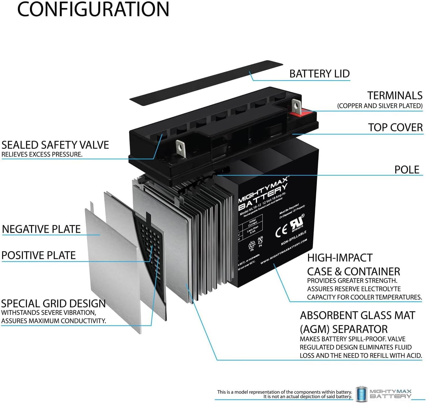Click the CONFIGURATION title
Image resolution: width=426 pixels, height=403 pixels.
tap(93, 9)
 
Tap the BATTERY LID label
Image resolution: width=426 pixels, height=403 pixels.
tap(319, 74)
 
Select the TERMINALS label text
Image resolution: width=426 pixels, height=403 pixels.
tap(395, 96)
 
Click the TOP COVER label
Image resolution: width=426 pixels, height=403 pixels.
tap(395, 127)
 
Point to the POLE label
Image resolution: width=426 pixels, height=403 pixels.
tap(407, 170)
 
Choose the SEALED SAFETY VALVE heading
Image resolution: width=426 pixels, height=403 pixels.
tap(55, 145)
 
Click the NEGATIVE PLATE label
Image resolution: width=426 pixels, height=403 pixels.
tap(41, 229)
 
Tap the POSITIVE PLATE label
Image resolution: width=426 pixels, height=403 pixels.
tap(39, 255)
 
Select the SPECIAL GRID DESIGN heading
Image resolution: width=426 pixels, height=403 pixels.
tap(54, 304)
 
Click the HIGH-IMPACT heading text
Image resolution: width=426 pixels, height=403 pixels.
tap(340, 258)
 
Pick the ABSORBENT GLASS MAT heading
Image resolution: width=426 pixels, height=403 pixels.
tap(357, 316)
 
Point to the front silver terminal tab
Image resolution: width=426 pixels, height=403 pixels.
tap(180, 147)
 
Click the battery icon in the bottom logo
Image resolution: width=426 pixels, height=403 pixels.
tap(361, 394)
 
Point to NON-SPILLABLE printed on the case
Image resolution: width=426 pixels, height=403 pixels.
tap(294, 238)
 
